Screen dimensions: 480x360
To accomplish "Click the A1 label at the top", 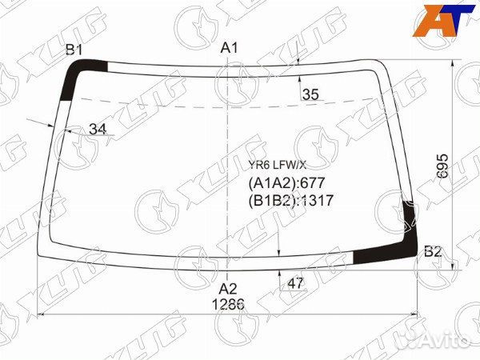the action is [x=229, y=48].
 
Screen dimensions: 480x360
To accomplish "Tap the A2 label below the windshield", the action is [x=228, y=289].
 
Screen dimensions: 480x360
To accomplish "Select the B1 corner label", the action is [x=74, y=50].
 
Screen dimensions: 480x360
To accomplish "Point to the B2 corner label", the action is [x=433, y=252].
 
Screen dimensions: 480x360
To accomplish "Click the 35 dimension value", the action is [x=310, y=94].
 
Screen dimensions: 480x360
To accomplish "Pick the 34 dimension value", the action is [x=98, y=129].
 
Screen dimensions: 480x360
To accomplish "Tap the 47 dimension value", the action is [x=295, y=283].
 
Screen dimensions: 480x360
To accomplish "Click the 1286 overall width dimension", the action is [x=228, y=304].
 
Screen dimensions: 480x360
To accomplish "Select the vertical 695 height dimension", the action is [x=442, y=166].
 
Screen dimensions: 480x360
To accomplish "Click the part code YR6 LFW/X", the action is [x=277, y=166].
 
